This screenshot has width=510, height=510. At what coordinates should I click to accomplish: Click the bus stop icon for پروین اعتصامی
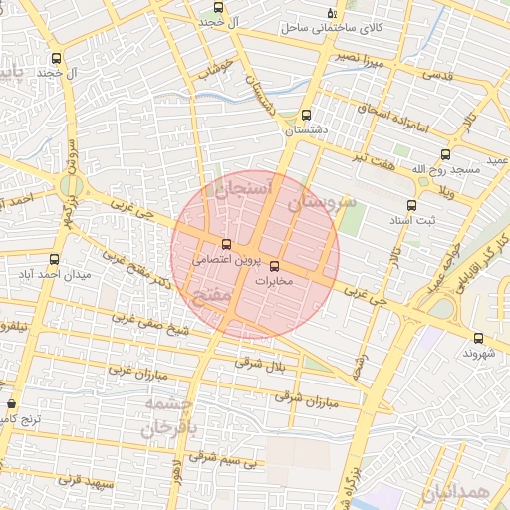click(226, 244)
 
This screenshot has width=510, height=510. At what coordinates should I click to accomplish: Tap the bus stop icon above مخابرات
click(275, 266)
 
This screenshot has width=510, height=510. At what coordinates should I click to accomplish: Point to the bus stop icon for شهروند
click(479, 339)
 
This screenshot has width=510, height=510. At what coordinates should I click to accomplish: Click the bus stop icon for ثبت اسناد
click(410, 205)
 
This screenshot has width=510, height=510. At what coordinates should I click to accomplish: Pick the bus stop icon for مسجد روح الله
click(444, 154)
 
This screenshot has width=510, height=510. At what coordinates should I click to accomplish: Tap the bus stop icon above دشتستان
click(305, 114)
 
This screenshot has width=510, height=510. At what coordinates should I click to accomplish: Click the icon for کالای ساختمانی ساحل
click(332, 13)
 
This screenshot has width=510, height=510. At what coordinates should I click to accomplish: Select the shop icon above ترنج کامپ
click(11, 404)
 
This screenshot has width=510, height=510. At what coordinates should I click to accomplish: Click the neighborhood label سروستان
click(322, 203)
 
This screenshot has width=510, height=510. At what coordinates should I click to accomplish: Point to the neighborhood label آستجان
click(237, 188)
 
